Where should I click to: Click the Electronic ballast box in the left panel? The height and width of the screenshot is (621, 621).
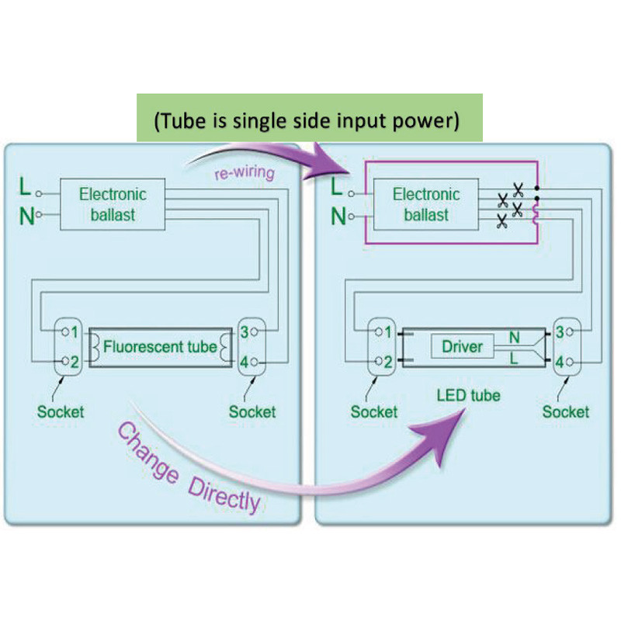tap(113, 204)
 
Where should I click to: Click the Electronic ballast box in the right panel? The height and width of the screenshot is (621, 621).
tap(426, 204)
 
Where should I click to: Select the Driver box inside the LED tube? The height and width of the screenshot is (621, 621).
tap(462, 346)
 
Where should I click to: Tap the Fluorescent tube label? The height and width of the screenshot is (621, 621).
tap(160, 346)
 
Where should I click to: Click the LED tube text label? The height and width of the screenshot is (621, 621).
tap(467, 396)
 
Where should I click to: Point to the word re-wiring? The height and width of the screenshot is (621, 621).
tap(244, 173)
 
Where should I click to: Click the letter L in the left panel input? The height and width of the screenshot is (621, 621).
tap(25, 187)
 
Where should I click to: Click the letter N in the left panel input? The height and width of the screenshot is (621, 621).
tap(26, 216)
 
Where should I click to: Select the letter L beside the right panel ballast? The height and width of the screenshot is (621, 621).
tap(337, 187)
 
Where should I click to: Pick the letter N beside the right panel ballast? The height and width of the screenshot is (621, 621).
tap(338, 216)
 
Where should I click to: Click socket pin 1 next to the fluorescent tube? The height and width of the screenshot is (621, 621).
tap(74, 332)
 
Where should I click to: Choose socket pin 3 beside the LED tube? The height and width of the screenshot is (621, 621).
tap(560, 332)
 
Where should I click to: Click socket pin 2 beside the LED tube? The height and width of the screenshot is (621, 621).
tap(387, 362)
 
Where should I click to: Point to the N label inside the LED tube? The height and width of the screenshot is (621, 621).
tap(514, 338)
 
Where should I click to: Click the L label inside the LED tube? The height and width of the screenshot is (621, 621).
tap(514, 359)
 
